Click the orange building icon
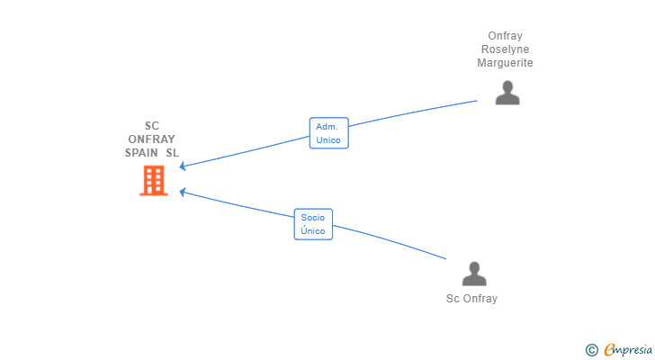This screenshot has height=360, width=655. pyautogui.click(x=154, y=180)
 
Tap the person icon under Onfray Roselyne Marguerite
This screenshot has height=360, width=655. pyautogui.click(x=507, y=93)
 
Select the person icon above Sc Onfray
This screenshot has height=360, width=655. pyautogui.click(x=474, y=274)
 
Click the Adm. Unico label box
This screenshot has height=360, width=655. pyautogui.click(x=328, y=133)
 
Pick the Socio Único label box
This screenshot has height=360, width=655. pyautogui.click(x=313, y=224)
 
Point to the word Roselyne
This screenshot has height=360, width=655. pyautogui.click(x=505, y=49)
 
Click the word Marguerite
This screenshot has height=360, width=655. pyautogui.click(x=505, y=63)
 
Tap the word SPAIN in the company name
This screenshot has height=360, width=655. pyautogui.click(x=141, y=153)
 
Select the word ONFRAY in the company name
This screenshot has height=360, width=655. pyautogui.click(x=152, y=139)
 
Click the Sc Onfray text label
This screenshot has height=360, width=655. pyautogui.click(x=471, y=299)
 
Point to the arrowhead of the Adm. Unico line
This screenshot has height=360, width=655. pyautogui.click(x=182, y=166)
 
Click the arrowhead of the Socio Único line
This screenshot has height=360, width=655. pyautogui.click(x=182, y=192)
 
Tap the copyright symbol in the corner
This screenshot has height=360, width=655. pyautogui.click(x=591, y=350)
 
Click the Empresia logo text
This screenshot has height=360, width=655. pyautogui.click(x=628, y=350)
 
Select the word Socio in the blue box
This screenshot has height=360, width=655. pyautogui.click(x=313, y=218)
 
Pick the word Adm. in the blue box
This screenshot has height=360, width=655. pyautogui.click(x=327, y=127)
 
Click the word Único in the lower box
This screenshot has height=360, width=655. pyautogui.click(x=313, y=230)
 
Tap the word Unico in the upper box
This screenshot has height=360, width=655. pyautogui.click(x=328, y=139)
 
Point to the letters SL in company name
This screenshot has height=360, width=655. pyautogui.click(x=172, y=153)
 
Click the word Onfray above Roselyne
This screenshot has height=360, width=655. pyautogui.click(x=505, y=36)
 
